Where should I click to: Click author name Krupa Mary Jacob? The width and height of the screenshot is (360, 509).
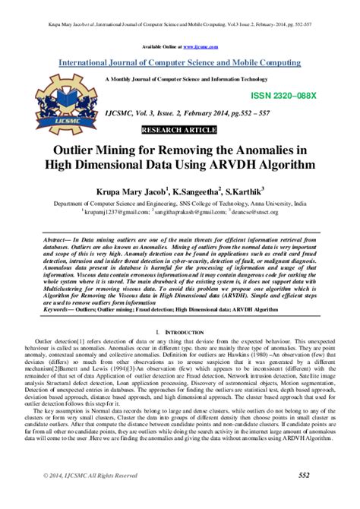(125, 192)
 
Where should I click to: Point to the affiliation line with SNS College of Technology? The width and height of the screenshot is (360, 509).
(180, 204)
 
